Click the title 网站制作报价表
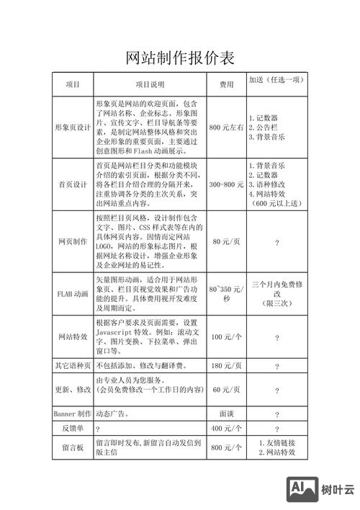[x=180, y=58]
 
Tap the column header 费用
[x=227, y=84]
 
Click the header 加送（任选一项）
[x=276, y=80]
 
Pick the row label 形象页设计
[x=73, y=127]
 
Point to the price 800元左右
[x=226, y=127]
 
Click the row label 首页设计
[x=73, y=184]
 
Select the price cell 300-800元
[x=226, y=184]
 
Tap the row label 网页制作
[x=73, y=241]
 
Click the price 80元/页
[x=226, y=241]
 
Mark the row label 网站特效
[x=73, y=337]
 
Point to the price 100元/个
[x=226, y=337]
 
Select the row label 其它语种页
[x=73, y=366]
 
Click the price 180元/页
[x=226, y=366]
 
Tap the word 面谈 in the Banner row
[x=226, y=413]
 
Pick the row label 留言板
[x=73, y=447]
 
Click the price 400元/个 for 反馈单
[x=226, y=429]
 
